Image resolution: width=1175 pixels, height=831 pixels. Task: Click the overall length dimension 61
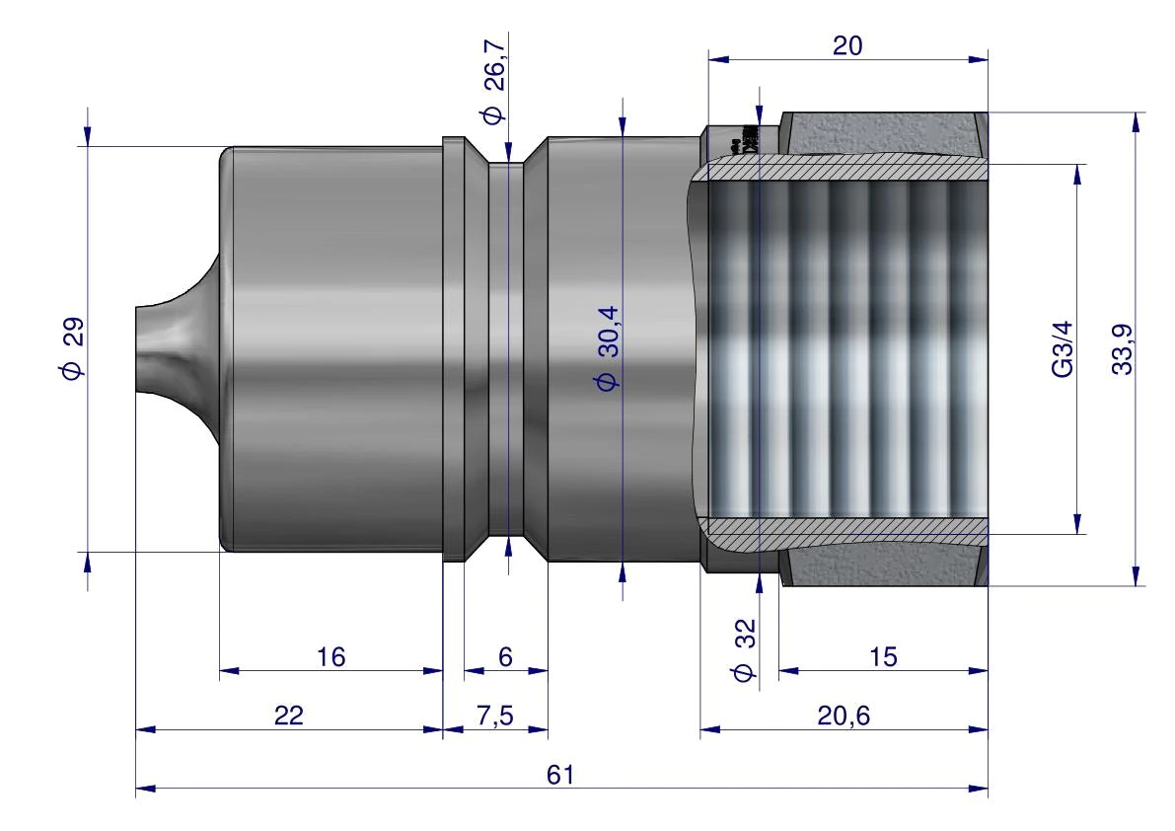click(x=559, y=774)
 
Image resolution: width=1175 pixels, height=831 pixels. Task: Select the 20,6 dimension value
click(x=844, y=716)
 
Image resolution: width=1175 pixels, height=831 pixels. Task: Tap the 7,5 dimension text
click(x=494, y=716)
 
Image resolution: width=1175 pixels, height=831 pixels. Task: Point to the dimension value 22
click(x=288, y=716)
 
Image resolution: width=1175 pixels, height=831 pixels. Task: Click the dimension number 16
click(x=330, y=657)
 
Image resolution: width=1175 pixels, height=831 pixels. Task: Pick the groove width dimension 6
click(x=505, y=657)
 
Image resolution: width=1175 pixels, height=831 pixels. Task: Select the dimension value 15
click(x=883, y=657)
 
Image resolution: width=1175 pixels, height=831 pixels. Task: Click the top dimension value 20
click(x=847, y=45)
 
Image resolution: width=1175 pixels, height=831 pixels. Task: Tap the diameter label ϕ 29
click(x=73, y=349)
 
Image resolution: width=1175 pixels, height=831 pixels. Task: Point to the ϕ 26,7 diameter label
click(x=494, y=83)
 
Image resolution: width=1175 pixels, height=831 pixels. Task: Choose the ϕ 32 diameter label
click(x=744, y=649)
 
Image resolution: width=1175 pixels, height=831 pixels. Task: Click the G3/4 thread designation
click(x=1063, y=349)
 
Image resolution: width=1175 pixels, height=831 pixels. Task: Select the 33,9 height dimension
click(x=1122, y=349)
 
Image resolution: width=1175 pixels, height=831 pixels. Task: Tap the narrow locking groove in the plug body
click(x=506, y=349)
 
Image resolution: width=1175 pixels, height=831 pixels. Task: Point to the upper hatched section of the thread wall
click(x=846, y=170)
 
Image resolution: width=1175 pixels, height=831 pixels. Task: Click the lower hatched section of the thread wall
click(x=846, y=529)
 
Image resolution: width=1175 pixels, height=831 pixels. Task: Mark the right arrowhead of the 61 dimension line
click(x=979, y=789)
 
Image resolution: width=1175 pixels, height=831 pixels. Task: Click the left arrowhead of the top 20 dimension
click(x=718, y=58)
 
